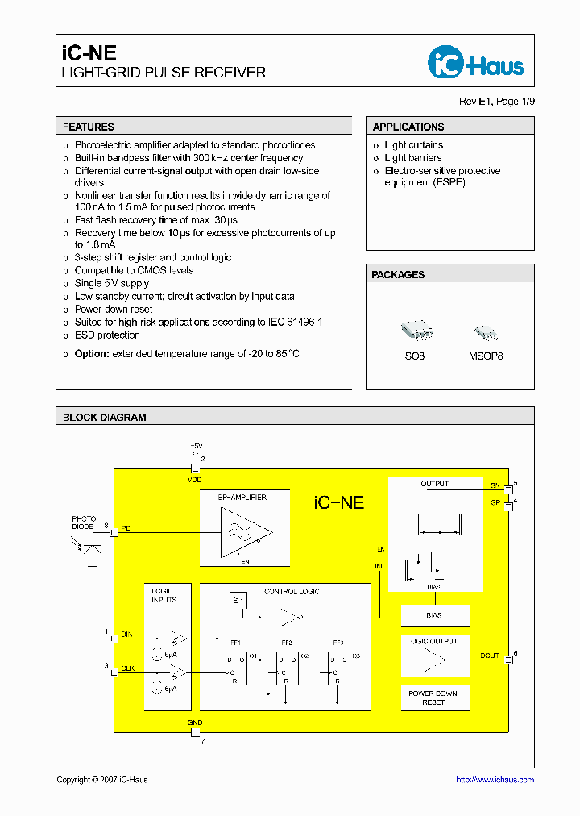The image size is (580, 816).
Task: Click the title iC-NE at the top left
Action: (x=89, y=53)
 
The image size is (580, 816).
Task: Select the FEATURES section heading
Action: (x=89, y=127)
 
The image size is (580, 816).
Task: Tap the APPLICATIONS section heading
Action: (x=408, y=127)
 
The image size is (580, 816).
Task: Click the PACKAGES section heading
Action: (x=398, y=275)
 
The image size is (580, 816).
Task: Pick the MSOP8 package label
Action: (x=486, y=356)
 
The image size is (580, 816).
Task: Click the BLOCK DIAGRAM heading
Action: (x=105, y=418)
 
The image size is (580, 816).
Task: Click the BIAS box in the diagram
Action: (x=434, y=615)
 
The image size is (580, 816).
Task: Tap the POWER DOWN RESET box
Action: (x=433, y=697)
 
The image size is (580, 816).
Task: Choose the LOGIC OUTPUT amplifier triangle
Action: (x=436, y=661)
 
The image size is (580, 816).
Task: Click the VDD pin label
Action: (x=195, y=479)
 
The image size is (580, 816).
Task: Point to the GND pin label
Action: (x=195, y=722)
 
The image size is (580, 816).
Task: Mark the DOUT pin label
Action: (x=490, y=656)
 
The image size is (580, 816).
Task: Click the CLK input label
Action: (x=126, y=667)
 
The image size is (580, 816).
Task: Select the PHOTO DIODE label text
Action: (x=84, y=522)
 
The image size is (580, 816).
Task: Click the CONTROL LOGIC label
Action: (x=292, y=592)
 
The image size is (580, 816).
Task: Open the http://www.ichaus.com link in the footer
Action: (x=495, y=780)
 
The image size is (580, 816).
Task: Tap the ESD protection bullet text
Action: (x=107, y=335)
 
